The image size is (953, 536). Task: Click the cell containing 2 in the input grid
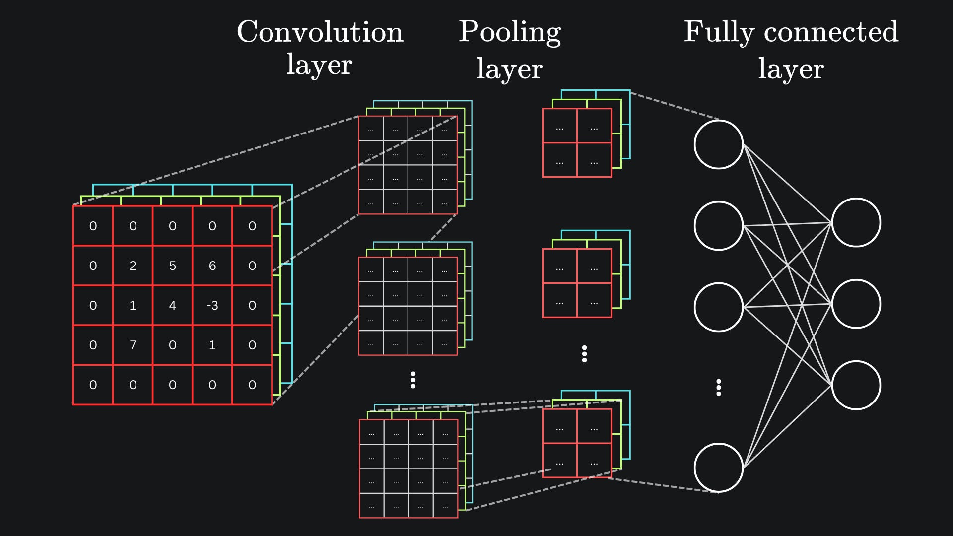133,266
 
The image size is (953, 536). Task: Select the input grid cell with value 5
172,266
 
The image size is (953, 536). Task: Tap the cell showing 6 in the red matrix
212,266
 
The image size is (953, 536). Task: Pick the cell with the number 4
172,305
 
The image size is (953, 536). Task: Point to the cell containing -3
212,305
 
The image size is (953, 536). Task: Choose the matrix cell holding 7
133,345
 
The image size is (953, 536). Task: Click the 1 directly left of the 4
133,305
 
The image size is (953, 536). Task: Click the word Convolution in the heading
320,32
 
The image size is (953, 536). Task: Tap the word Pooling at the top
509,32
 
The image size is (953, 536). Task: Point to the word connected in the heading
831,32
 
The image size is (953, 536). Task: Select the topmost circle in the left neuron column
718,144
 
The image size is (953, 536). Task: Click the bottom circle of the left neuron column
718,468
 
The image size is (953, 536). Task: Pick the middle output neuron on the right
856,304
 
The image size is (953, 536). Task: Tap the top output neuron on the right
856,222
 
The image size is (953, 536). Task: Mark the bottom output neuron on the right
856,385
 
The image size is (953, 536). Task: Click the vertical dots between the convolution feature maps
413,380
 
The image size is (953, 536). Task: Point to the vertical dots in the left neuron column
718,387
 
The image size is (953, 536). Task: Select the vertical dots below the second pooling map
584,354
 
